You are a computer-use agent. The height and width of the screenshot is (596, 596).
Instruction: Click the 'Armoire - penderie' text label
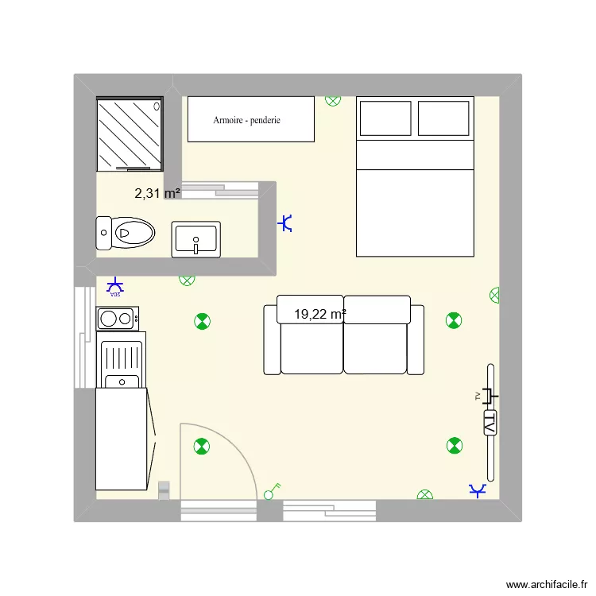click(246, 121)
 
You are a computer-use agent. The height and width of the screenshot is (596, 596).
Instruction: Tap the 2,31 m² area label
click(157, 192)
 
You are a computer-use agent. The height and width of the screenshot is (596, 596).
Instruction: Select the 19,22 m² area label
click(319, 315)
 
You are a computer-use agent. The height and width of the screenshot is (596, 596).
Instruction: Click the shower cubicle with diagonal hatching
click(130, 134)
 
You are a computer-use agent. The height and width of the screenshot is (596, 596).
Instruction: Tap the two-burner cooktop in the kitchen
click(117, 319)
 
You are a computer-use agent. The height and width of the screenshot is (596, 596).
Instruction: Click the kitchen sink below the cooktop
click(121, 362)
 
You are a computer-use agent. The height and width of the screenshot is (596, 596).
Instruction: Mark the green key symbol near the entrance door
click(273, 492)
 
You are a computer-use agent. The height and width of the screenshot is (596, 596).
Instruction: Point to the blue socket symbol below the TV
click(478, 492)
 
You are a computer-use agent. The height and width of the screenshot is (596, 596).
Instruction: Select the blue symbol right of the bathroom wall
click(286, 224)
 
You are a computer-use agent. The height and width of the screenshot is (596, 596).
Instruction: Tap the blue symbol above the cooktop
click(116, 286)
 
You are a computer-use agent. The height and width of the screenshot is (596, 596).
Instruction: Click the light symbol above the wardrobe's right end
click(333, 100)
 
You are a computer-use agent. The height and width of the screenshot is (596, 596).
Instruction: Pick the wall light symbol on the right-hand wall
click(495, 295)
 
